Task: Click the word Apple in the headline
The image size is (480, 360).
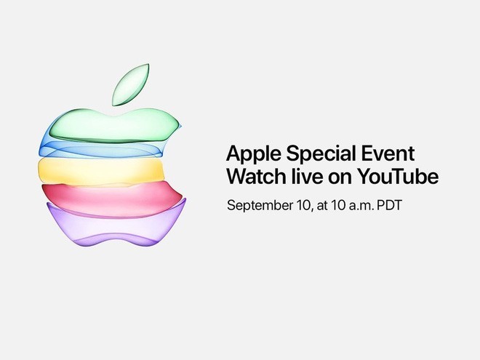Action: click(252, 154)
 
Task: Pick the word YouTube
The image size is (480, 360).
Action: click(399, 177)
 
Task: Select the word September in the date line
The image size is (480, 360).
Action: click(259, 205)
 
